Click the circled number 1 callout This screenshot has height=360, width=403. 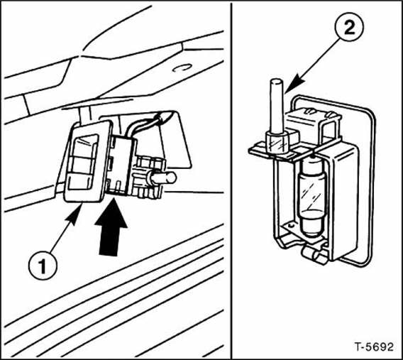(x=43, y=266)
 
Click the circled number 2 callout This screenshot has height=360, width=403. (x=349, y=27)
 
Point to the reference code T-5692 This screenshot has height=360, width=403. (x=374, y=347)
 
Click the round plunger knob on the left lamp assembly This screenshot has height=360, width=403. (x=165, y=178)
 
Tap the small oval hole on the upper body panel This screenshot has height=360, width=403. (x=182, y=68)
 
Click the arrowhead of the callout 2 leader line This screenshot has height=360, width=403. (x=294, y=83)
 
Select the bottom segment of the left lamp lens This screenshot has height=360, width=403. (x=81, y=182)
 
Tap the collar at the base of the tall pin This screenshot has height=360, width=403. (x=277, y=141)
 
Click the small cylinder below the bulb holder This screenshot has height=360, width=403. (x=315, y=255)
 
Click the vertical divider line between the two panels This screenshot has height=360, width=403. (x=231, y=180)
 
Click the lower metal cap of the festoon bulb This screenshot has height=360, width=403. (x=312, y=223)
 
